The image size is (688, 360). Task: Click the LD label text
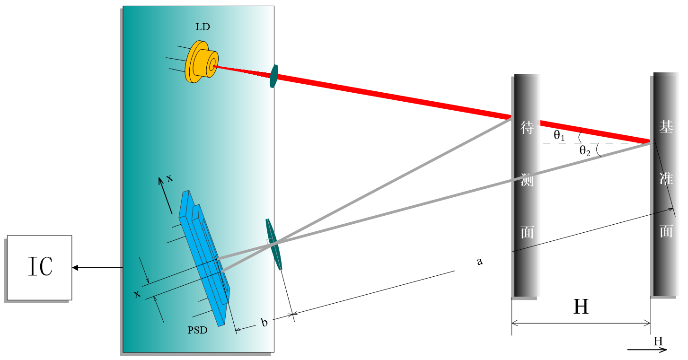tap(203, 27)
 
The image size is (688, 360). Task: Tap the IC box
tap(39, 267)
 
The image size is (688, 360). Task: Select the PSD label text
tap(197, 330)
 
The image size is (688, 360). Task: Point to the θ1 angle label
tap(560, 136)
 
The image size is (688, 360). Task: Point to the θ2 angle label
tap(585, 151)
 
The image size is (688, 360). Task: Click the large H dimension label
tap(581, 307)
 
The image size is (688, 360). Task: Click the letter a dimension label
tap(479, 261)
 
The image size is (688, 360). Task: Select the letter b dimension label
tap(265, 323)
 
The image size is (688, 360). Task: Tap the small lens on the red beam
tap(273, 77)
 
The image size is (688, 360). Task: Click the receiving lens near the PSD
tap(274, 244)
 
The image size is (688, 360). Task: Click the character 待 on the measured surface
tap(527, 128)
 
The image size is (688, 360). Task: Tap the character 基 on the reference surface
tap(666, 127)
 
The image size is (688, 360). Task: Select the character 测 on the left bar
tap(527, 180)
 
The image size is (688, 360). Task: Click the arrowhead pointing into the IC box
tap(75, 268)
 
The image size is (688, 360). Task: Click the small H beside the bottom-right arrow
tap(658, 341)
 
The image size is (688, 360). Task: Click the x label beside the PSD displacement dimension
tap(137, 294)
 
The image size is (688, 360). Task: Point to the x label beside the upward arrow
tap(169, 178)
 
